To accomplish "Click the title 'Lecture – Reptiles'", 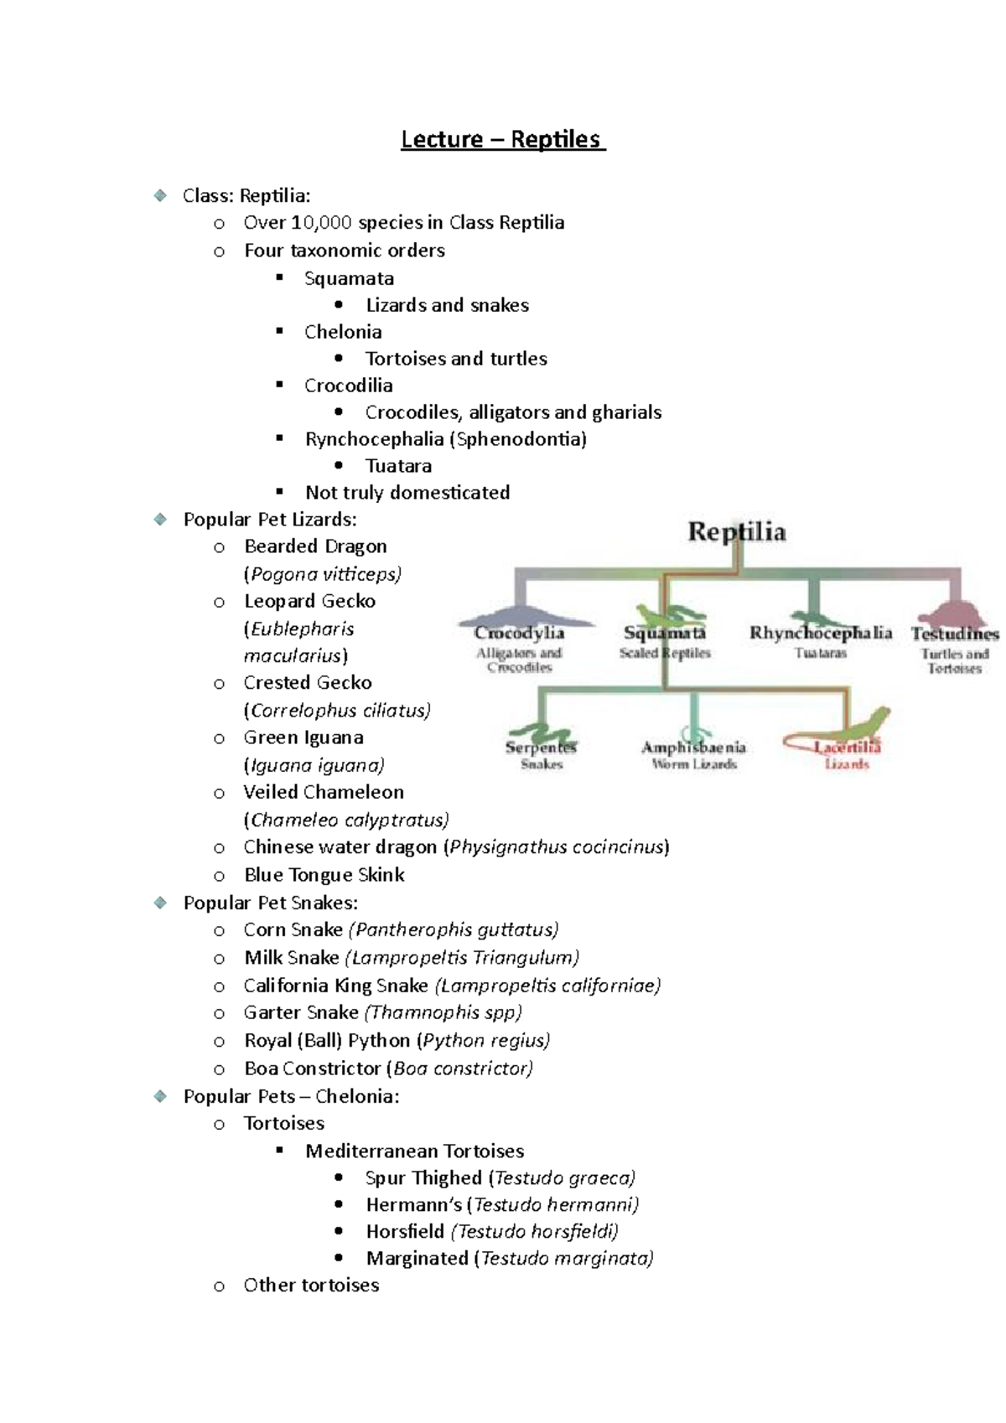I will tap(502, 139).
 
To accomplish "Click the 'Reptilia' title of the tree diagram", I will tap(737, 532).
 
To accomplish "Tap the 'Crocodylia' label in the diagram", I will tap(519, 634).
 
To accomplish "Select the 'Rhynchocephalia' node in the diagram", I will tap(820, 633).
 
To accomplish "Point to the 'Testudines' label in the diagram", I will tap(955, 634).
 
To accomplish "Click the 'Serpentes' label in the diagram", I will tap(541, 747).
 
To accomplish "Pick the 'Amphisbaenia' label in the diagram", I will tap(693, 747).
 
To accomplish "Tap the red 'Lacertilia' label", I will tap(847, 747).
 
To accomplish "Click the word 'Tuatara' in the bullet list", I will tap(398, 466).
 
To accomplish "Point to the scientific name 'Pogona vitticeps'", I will tap(324, 574).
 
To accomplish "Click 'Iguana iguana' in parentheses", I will tap(314, 765).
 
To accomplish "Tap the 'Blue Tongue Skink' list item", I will tap(324, 875).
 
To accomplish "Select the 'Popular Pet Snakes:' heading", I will tap(270, 903).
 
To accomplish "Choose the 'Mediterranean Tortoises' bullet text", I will tap(414, 1151).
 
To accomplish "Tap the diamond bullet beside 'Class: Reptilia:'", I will tap(160, 195).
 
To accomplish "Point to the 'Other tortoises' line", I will tap(311, 1286).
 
